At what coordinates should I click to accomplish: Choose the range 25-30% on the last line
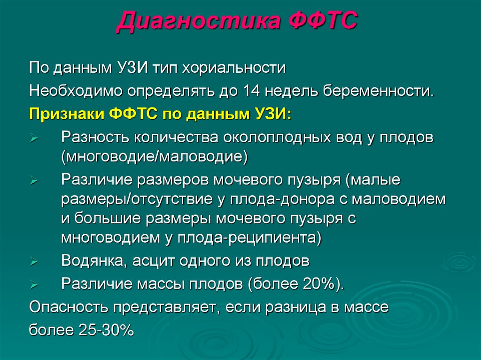point(104,330)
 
